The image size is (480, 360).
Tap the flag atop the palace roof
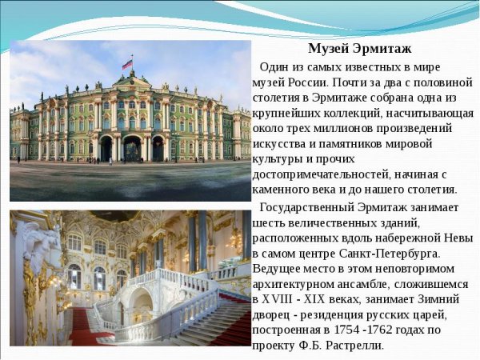[x=127, y=64]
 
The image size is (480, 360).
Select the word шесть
[x=269, y=223]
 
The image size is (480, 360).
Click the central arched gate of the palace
[x=131, y=149]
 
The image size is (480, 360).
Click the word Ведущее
[x=278, y=269]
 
